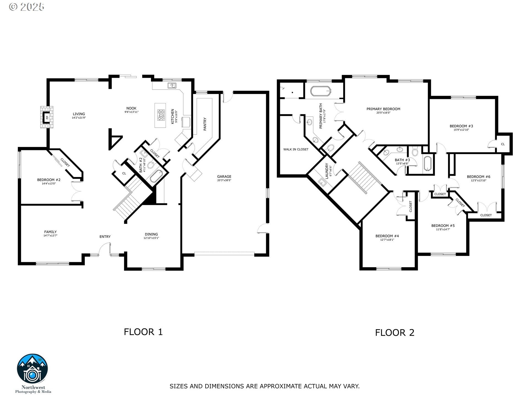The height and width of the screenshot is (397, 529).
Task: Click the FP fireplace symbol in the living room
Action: (x=47, y=117)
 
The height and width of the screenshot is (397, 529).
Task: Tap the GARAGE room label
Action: (x=224, y=176)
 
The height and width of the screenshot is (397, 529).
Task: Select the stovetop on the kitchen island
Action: (x=161, y=115)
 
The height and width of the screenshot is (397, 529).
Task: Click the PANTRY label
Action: (x=205, y=124)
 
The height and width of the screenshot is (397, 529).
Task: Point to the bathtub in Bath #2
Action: (x=156, y=176)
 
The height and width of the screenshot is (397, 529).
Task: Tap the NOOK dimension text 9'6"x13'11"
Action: (x=131, y=112)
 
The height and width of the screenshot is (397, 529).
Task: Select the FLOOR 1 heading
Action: (x=143, y=332)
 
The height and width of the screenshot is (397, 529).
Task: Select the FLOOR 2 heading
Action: (x=395, y=332)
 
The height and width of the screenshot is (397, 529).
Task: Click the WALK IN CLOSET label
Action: (x=296, y=149)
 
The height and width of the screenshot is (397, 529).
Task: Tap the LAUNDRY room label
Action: (x=327, y=171)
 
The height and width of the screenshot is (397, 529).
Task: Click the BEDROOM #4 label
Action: (x=387, y=236)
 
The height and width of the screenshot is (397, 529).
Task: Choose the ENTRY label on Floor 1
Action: (x=105, y=237)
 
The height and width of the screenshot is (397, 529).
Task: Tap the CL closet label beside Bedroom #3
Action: (x=503, y=144)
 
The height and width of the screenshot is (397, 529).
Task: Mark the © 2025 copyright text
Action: (x=26, y=7)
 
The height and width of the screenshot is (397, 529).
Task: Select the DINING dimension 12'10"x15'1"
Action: (x=151, y=238)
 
